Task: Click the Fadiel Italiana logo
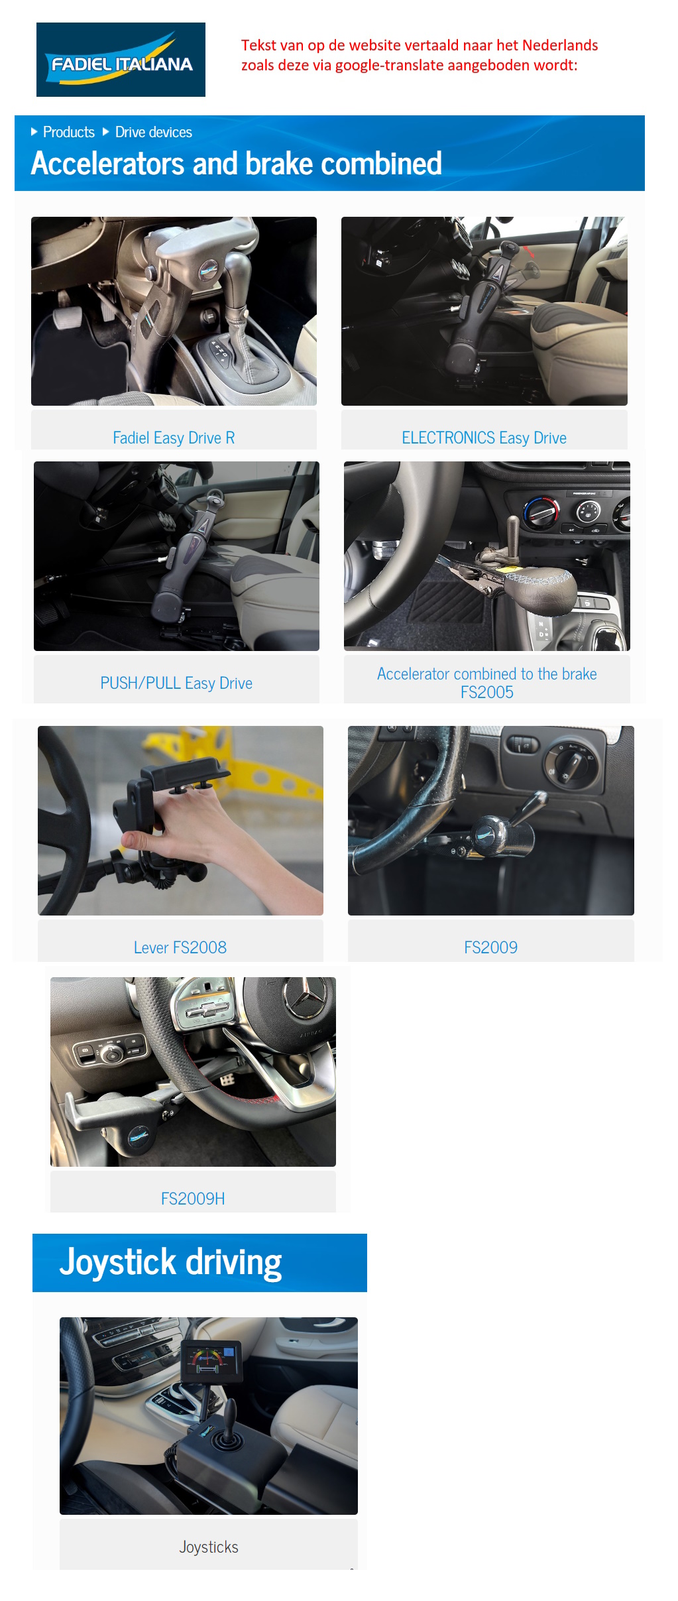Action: pyautogui.click(x=121, y=60)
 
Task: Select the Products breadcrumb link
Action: pyautogui.click(x=68, y=132)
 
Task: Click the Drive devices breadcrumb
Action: pyautogui.click(x=154, y=132)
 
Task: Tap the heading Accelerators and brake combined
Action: pyautogui.click(x=237, y=164)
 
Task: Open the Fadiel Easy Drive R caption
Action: pyautogui.click(x=174, y=438)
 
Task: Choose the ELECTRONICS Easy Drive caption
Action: pyautogui.click(x=484, y=438)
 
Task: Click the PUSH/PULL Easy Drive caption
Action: pyautogui.click(x=176, y=683)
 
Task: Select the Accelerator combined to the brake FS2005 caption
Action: pyautogui.click(x=487, y=683)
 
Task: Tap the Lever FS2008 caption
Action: pyautogui.click(x=180, y=947)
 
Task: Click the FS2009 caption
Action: pyautogui.click(x=490, y=947)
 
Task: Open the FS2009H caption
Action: pyautogui.click(x=193, y=1199)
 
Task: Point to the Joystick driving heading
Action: pyautogui.click(x=171, y=1262)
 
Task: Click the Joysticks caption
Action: pyautogui.click(x=209, y=1547)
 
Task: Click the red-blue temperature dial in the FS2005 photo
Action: pyautogui.click(x=541, y=512)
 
